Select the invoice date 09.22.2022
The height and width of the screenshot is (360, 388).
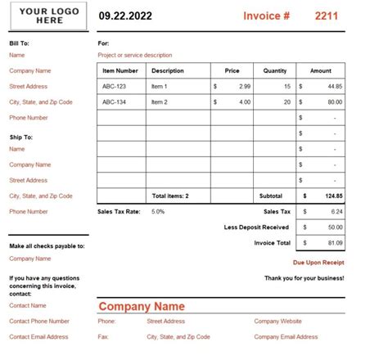126,16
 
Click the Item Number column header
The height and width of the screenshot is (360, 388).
120,71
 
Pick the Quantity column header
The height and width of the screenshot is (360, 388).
274,71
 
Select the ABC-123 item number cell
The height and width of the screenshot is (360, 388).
114,87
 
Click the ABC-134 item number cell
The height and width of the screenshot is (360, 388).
114,102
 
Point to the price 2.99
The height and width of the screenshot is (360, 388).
245,87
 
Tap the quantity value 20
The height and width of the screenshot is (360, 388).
286,102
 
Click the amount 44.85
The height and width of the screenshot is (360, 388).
334,87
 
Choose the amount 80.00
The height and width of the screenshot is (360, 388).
334,102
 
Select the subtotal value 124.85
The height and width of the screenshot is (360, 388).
333,196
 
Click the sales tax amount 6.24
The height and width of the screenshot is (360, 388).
336,212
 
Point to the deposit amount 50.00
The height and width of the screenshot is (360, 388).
334,227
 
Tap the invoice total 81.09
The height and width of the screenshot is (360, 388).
334,243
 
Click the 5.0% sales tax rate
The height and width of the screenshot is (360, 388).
158,212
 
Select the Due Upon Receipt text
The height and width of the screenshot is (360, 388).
318,263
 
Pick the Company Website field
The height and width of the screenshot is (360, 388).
278,322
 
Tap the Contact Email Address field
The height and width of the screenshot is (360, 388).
38,337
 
